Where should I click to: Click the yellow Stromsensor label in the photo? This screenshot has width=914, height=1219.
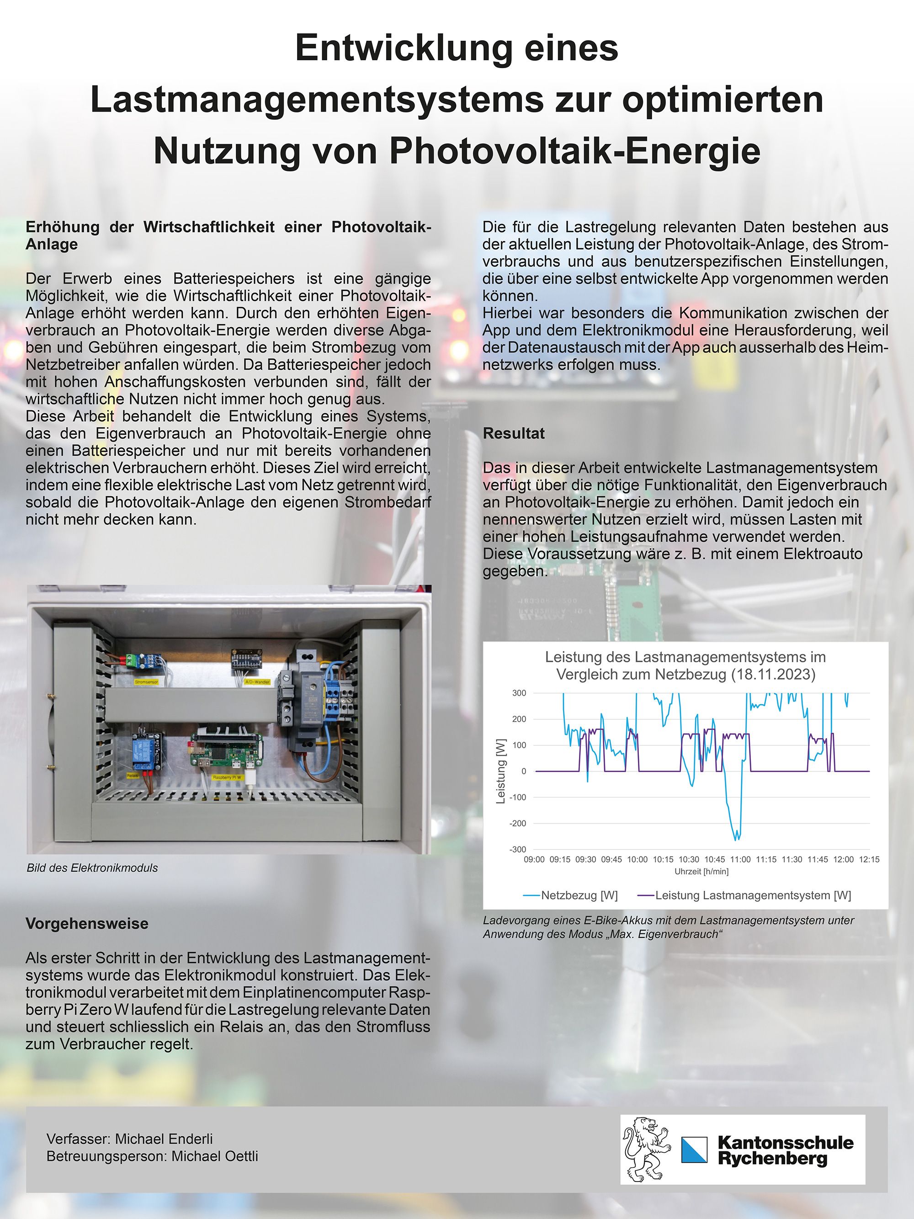(x=146, y=683)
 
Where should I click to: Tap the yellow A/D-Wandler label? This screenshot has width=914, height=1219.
(x=257, y=682)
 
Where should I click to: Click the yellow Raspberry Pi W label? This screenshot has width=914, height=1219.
(x=226, y=777)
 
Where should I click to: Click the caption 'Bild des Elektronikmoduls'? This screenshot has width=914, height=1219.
(x=92, y=868)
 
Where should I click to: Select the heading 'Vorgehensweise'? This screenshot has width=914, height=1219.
(x=87, y=924)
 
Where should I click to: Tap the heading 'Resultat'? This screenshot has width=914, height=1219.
(x=514, y=434)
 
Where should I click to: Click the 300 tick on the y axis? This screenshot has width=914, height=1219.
(x=519, y=693)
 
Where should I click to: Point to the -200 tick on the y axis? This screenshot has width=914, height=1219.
(x=518, y=823)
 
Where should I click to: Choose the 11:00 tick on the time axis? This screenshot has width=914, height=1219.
(x=740, y=859)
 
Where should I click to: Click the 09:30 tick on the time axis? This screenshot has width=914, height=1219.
(x=585, y=859)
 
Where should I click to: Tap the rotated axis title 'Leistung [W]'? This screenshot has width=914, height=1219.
(x=501, y=772)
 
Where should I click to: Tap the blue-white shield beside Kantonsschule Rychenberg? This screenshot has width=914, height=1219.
(x=694, y=1150)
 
